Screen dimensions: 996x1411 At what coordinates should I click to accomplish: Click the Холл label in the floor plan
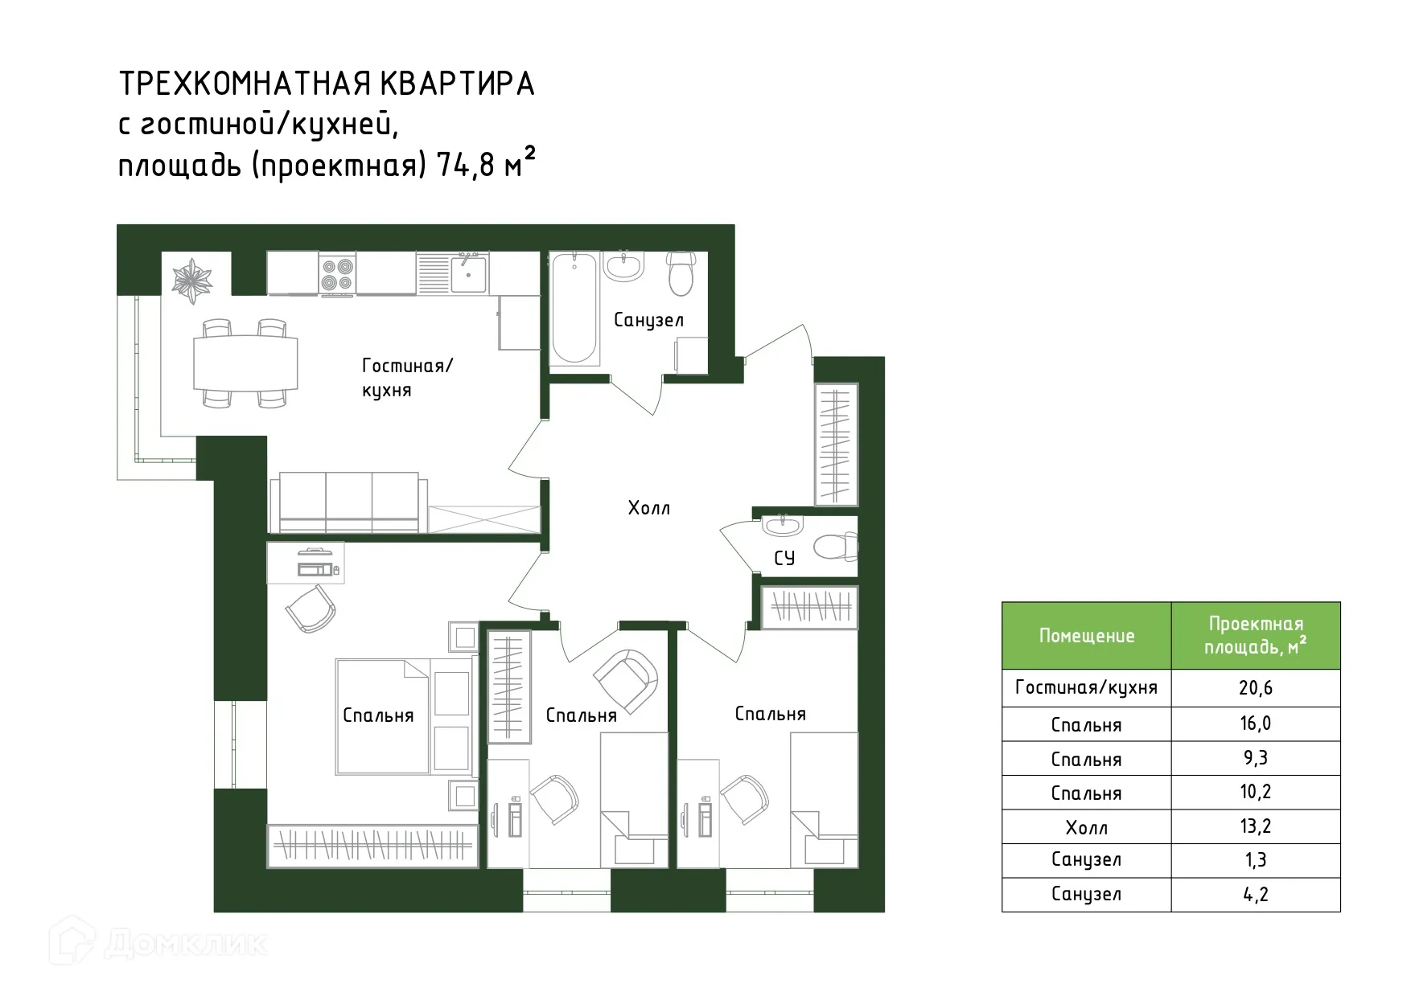point(648,508)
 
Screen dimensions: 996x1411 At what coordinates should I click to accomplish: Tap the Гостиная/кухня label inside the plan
point(407,378)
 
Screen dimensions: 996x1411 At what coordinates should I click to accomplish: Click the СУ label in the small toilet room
point(784,558)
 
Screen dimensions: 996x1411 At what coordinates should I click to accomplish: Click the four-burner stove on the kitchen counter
point(337,273)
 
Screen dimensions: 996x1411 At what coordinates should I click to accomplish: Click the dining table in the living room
point(245,363)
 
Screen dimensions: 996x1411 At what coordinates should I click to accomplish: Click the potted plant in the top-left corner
point(191,278)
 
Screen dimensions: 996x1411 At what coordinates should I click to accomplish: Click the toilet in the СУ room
point(835,547)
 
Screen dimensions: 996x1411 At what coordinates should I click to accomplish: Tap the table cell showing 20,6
point(1255,688)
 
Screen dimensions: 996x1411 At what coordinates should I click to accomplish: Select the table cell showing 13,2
point(1255,826)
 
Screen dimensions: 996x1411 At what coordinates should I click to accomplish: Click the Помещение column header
point(1086,636)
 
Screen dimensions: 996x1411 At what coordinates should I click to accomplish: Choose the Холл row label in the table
point(1086,827)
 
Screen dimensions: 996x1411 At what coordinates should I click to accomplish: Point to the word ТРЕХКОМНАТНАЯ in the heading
point(245,84)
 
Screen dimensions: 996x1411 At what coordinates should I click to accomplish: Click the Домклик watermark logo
point(158,943)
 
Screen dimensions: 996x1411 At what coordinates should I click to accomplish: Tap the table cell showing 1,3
point(1255,860)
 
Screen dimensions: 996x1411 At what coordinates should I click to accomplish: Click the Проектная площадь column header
point(1255,635)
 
